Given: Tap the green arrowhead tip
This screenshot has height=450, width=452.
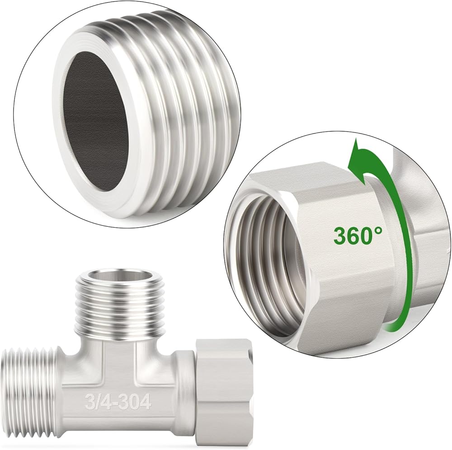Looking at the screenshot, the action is [x=356, y=139].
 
